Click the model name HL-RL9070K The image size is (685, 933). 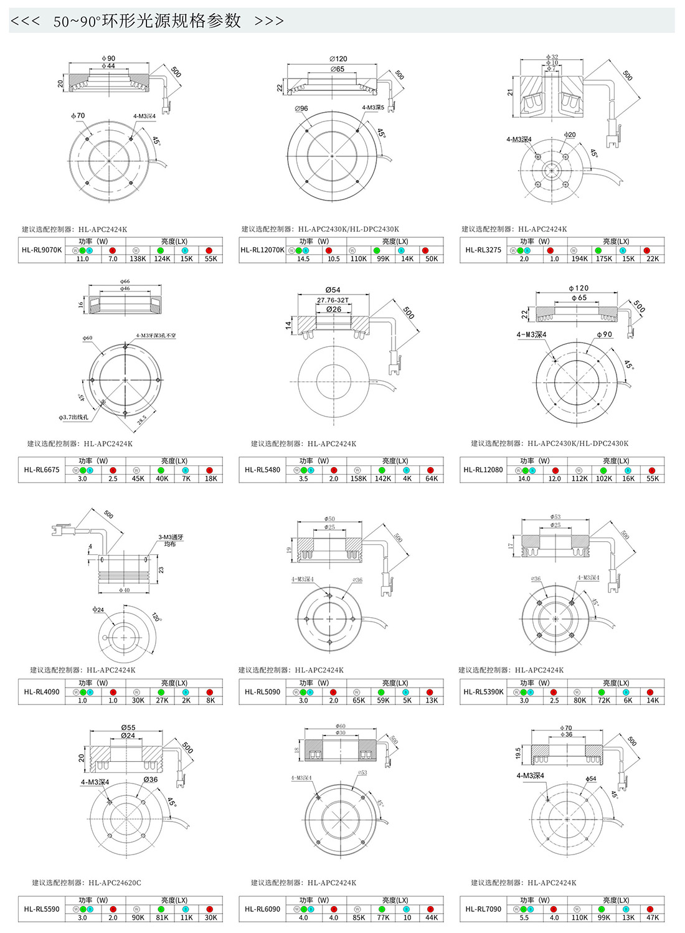click(42, 250)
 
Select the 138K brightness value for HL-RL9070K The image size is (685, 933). click(138, 259)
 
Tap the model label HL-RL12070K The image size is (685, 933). click(262, 250)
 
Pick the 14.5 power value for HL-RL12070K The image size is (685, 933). click(303, 259)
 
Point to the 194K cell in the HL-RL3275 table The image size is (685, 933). click(579, 259)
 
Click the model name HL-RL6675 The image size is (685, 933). click(42, 470)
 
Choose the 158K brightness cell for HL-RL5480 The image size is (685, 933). click(358, 479)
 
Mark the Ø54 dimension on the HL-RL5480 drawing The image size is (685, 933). click(333, 290)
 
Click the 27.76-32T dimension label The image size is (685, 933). click(333, 300)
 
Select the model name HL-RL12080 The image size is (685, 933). click(483, 470)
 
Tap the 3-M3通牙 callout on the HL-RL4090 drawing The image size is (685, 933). click(171, 538)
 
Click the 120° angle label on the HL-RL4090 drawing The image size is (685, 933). click(156, 617)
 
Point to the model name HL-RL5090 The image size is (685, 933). click(262, 692)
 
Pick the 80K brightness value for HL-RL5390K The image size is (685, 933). click(579, 701)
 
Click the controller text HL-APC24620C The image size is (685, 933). click(115, 883)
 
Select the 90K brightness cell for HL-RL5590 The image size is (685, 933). click(138, 918)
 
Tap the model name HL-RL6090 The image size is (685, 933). click(262, 909)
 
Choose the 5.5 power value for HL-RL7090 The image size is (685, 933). click(524, 918)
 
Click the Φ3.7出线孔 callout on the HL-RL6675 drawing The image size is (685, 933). click(73, 417)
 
